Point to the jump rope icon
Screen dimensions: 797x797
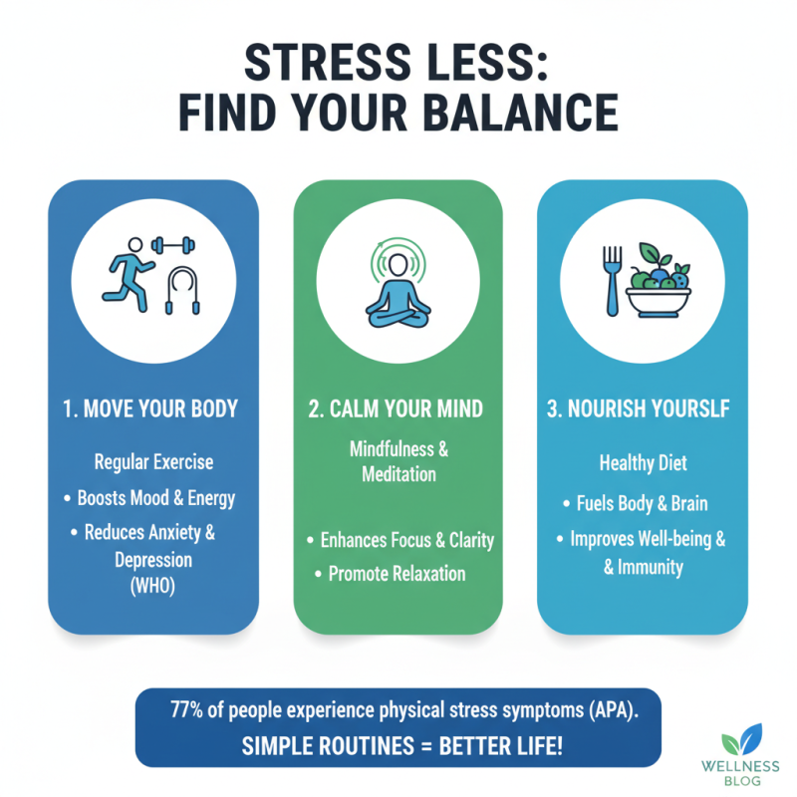coord(179,289)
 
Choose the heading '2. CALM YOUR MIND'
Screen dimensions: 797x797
coord(398,409)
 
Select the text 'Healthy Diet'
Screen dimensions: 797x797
coord(642,463)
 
